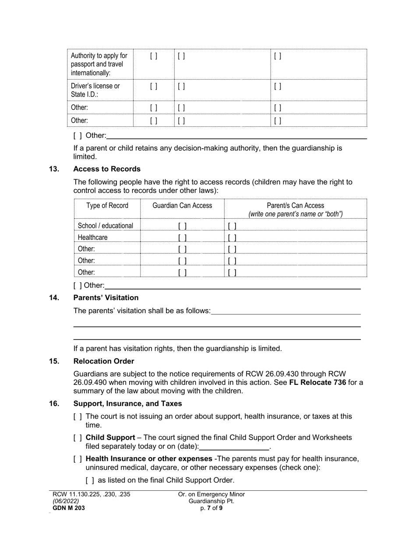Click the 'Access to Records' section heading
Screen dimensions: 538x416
tap(107, 169)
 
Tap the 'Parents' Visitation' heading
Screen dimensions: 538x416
tap(106, 297)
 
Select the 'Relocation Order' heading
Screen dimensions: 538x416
tap(104, 361)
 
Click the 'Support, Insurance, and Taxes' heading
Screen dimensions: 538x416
tap(127, 403)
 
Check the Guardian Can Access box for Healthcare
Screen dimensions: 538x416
tap(182, 238)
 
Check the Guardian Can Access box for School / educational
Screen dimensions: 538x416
tap(182, 226)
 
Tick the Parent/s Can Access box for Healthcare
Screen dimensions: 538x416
tap(232, 238)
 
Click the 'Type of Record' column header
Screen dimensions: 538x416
tap(107, 206)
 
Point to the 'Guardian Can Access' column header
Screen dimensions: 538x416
tap(182, 206)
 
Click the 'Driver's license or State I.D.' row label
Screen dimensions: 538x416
tap(95, 90)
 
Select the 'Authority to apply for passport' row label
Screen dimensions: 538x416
tap(99, 64)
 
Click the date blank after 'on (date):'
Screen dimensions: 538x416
tap(234, 446)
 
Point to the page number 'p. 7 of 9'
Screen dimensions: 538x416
tap(212, 508)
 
